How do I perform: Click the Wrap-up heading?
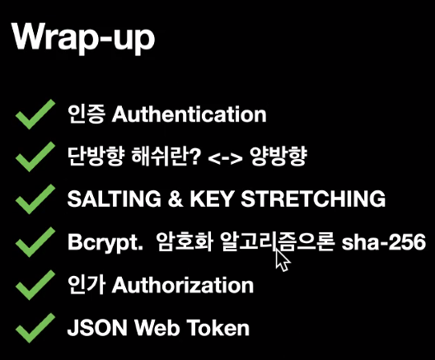point(83,38)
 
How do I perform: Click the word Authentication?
point(189,114)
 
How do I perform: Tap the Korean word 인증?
point(87,115)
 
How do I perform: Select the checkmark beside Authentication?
point(35,114)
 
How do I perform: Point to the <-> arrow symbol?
point(225,158)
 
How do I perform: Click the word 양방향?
point(278,156)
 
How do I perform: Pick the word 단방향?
point(96,156)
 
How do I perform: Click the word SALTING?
point(115,199)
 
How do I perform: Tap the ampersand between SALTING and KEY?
point(175,199)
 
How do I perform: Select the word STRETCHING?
point(313,199)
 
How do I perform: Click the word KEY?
point(212,199)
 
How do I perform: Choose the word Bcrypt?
point(105,242)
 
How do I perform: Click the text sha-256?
point(384,242)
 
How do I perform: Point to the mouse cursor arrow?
point(282,259)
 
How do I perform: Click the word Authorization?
point(183,285)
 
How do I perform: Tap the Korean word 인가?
point(87,285)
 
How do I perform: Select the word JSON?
point(97,328)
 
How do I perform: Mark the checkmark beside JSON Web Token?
point(35,328)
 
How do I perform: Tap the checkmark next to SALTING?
point(35,199)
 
